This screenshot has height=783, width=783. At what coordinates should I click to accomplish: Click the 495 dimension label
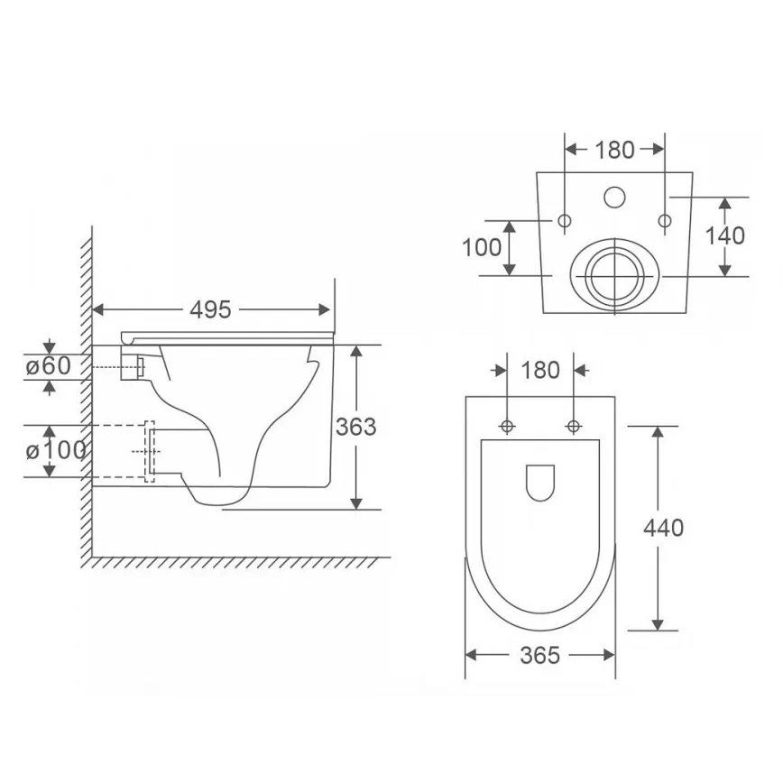(210, 310)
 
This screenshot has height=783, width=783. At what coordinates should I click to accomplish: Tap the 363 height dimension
(355, 427)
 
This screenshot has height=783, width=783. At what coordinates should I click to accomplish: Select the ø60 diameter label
(49, 366)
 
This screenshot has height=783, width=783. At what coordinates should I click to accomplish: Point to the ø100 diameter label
(55, 450)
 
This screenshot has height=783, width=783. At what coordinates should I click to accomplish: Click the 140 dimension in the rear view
(724, 235)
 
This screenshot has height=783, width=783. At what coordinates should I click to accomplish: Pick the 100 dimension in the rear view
(482, 248)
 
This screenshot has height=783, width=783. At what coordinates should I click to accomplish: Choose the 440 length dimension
(663, 528)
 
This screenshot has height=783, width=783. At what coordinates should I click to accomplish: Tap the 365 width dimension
(539, 655)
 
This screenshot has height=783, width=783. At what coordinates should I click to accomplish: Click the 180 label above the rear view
(614, 150)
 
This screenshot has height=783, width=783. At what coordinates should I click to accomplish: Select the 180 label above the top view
(540, 371)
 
